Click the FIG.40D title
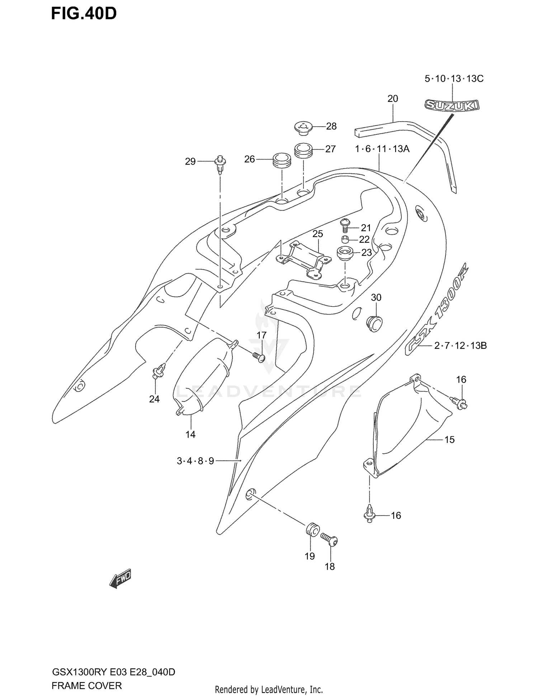coord(84,14)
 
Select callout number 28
coord(331,126)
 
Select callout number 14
coord(190,434)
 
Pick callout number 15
coord(449,439)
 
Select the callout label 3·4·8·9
coord(195,461)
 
